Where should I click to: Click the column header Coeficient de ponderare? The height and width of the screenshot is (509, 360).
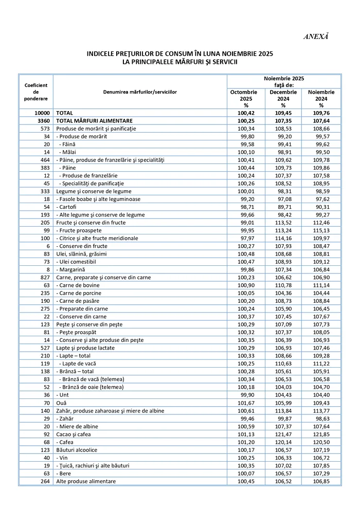pyautogui.click(x=36, y=92)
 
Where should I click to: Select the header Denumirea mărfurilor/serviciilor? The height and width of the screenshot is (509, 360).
pyautogui.click(x=140, y=92)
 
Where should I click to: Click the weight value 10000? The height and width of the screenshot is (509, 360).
pyautogui.click(x=42, y=113)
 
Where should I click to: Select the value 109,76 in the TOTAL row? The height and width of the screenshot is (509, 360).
pyautogui.click(x=321, y=113)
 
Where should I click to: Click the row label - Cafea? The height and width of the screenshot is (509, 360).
pyautogui.click(x=66, y=442)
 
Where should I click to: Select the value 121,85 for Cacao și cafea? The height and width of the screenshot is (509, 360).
pyautogui.click(x=321, y=434)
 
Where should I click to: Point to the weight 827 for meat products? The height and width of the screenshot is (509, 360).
pyautogui.click(x=44, y=277)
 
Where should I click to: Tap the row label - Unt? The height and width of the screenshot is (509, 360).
pyautogui.click(x=64, y=395)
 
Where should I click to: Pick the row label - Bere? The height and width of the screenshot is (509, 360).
pyautogui.click(x=65, y=474)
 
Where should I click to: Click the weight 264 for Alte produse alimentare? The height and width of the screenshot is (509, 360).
pyautogui.click(x=44, y=481)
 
